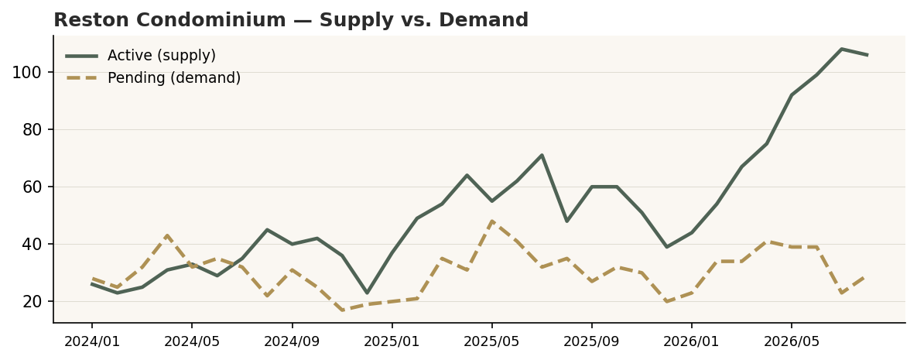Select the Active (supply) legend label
[x=162, y=56]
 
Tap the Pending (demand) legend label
[x=174, y=78]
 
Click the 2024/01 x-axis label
[x=92, y=341]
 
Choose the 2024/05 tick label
[x=192, y=341]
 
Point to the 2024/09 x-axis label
[x=292, y=341]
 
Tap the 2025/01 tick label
[x=392, y=341]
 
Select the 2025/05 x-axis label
[x=492, y=341]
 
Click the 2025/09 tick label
[x=592, y=341]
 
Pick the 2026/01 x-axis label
[x=692, y=341]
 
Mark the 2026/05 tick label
[x=792, y=341]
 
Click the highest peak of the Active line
[x=842, y=50]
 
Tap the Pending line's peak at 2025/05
[x=492, y=221]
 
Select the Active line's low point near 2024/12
[x=367, y=293]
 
